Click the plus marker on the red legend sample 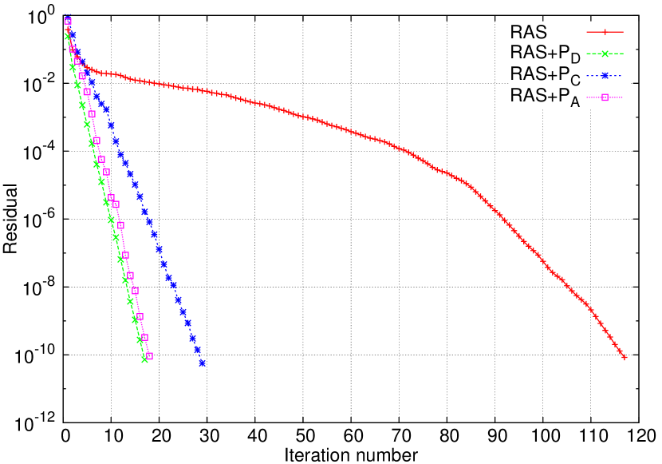coord(605,32)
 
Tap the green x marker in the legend coord(605,54)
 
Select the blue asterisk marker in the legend coord(605,76)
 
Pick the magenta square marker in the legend coord(605,97)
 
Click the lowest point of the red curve coord(625,357)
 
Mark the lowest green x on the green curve coord(144,359)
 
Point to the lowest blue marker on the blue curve coord(202,363)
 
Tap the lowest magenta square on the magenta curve coord(149,356)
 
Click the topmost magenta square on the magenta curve coord(68,22)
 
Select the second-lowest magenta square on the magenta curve coord(144,337)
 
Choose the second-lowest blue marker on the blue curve coord(197,350)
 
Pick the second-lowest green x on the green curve coord(140,339)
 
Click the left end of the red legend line coord(587,32)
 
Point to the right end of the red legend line coord(623,32)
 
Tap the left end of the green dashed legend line coord(587,54)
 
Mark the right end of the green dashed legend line coord(623,54)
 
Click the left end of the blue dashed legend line coord(587,76)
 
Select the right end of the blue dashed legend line coord(623,76)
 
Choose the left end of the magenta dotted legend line coord(587,97)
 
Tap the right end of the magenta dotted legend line coord(623,97)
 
